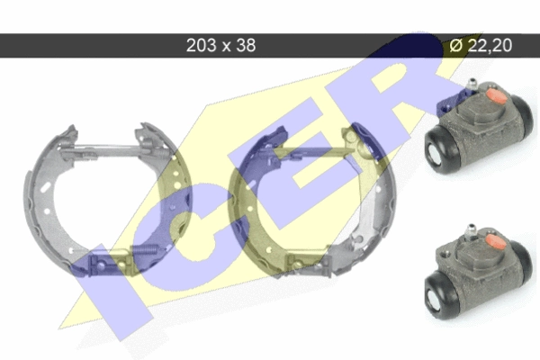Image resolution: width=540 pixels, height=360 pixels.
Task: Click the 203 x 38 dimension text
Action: coord(220,45)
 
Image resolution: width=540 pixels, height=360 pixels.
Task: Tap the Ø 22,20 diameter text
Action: coord(481,45)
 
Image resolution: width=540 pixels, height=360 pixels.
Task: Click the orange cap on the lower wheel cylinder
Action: coord(496,242)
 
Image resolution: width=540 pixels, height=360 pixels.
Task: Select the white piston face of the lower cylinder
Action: coord(435,298)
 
